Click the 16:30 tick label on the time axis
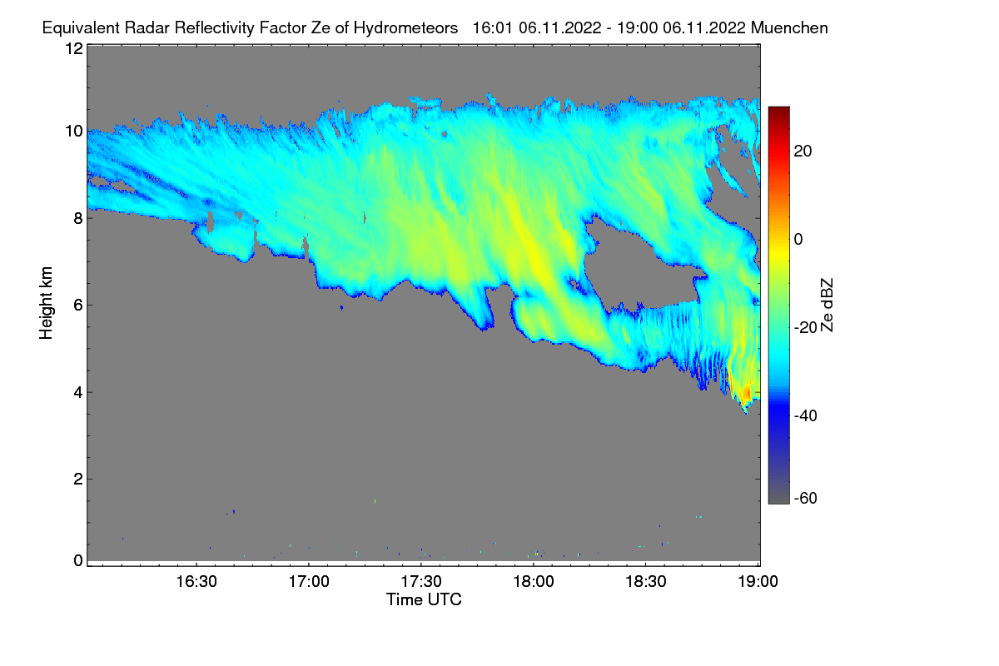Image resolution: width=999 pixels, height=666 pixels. [196, 582]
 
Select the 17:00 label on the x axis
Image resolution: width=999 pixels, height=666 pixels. [309, 582]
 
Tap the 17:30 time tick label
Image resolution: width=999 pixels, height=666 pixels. [421, 582]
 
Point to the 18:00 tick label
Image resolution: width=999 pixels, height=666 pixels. [534, 582]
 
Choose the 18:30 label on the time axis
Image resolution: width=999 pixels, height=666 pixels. [646, 582]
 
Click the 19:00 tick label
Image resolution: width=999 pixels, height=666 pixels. [758, 582]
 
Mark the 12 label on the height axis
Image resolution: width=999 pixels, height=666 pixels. [74, 48]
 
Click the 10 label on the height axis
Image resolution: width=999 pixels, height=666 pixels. [74, 132]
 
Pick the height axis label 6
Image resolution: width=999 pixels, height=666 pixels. [78, 306]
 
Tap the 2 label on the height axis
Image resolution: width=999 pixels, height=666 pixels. [78, 479]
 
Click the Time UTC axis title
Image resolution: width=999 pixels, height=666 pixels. [424, 599]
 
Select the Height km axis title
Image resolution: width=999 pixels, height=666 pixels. [46, 303]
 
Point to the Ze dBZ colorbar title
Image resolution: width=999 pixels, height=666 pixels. [827, 306]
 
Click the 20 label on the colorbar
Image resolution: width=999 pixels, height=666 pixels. [803, 152]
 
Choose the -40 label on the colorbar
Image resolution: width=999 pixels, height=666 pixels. [806, 415]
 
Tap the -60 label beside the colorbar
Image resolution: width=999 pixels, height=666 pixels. [806, 498]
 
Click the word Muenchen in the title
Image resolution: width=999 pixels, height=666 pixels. [789, 28]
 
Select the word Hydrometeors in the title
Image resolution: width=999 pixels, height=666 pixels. [405, 28]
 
